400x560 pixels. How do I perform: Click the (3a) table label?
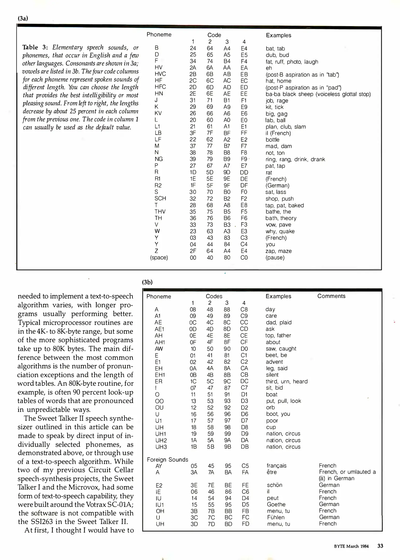pos(23,18)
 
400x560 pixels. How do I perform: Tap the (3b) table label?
pos(147,282)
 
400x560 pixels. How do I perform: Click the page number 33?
pos(380,546)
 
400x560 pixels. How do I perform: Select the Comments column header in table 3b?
pos(331,296)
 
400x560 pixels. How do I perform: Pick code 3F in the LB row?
pos(193,133)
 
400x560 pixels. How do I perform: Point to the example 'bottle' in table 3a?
pos(272,140)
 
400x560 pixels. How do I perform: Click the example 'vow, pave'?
pos(278,225)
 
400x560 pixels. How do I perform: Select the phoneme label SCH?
pos(160,199)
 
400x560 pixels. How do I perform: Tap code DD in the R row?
pos(244,172)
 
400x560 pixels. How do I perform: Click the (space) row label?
pos(159,258)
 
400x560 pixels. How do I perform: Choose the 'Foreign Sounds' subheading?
pos(167,459)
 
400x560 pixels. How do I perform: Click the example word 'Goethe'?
pos(276,504)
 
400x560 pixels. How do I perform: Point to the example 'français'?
pos(277,466)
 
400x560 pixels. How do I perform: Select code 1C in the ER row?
pos(193,381)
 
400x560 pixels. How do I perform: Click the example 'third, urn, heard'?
pos(286,381)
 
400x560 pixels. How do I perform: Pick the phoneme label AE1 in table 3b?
pos(159,329)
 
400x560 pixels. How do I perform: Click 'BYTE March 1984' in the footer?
pos(351,546)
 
